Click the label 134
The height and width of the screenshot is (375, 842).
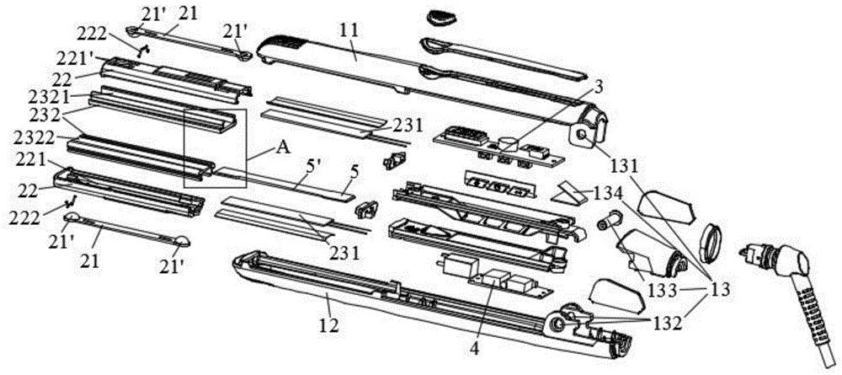click(608, 193)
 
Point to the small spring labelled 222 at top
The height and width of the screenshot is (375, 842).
click(143, 51)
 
